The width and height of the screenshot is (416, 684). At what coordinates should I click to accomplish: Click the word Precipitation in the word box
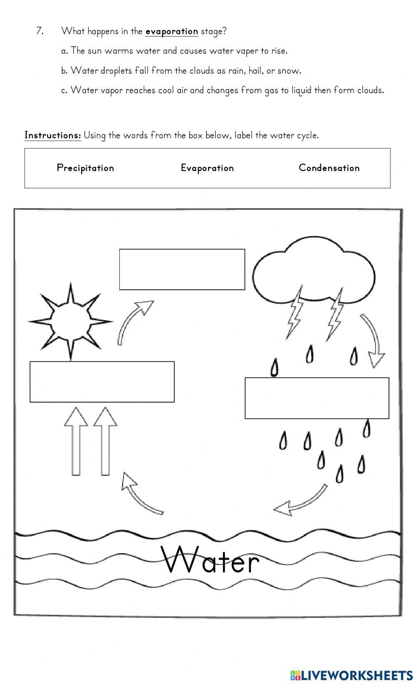85,168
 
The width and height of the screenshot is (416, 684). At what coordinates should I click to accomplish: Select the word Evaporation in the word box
207,168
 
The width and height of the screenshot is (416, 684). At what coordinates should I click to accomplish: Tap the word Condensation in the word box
329,168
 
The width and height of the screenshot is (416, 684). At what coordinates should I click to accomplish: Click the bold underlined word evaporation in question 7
171,31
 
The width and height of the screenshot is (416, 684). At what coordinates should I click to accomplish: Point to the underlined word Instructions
52,135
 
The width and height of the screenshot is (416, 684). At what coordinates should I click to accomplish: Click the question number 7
40,31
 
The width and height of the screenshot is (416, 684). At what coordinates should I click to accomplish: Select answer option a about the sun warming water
174,51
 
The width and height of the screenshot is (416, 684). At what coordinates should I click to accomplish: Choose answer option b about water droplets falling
181,71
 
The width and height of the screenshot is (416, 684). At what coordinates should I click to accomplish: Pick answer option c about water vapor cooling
223,90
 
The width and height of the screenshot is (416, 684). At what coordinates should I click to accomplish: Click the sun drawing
70,321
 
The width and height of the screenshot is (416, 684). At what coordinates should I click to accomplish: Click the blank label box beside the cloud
182,269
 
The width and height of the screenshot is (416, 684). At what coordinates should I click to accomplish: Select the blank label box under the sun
102,382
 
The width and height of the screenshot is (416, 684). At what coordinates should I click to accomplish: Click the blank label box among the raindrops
317,398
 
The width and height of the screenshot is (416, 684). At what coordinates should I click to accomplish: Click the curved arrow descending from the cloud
373,339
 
